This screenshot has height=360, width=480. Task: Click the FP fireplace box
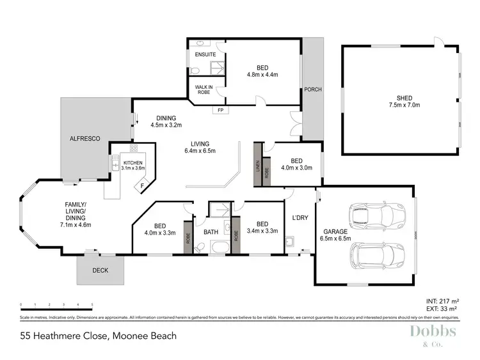coord(220,110)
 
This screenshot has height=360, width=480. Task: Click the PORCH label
coord(312,89)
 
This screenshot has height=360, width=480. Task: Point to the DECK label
coord(100,270)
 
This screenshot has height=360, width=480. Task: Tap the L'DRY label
coord(300,218)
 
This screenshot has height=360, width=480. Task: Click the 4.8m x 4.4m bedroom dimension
coord(262,74)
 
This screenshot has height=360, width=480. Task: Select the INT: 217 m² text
coord(442,301)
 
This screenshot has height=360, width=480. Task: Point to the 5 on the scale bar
coord(93,304)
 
